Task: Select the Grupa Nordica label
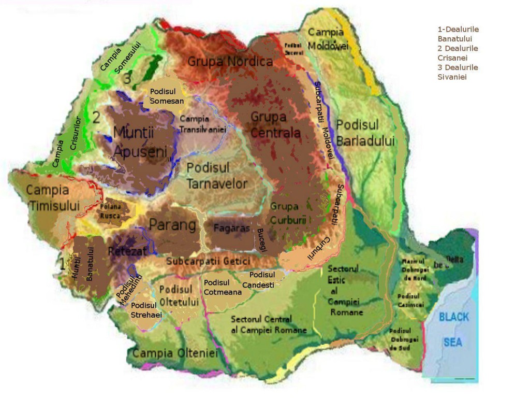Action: tap(230, 62)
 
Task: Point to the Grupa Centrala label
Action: tap(275, 125)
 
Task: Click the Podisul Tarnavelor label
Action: tap(217, 176)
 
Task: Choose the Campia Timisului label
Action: tap(47, 197)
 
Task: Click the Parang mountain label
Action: tap(172, 225)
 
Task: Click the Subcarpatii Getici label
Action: tap(208, 261)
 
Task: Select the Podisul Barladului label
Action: tap(365, 133)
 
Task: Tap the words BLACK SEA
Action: tap(453, 330)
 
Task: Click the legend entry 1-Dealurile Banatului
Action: tap(458, 34)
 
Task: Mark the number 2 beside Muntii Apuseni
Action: tap(96, 117)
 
